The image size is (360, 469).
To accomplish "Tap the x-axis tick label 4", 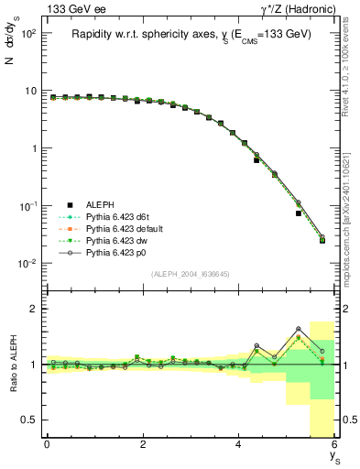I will [x=239, y=444].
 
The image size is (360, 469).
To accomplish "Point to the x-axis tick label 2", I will [x=143, y=444].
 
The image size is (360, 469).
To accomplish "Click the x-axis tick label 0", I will [x=47, y=444].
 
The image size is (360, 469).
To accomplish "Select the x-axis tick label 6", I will [x=334, y=444].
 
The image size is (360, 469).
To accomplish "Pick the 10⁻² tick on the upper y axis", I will [x=26, y=264].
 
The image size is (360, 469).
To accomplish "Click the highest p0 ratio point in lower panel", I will [x=299, y=329].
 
